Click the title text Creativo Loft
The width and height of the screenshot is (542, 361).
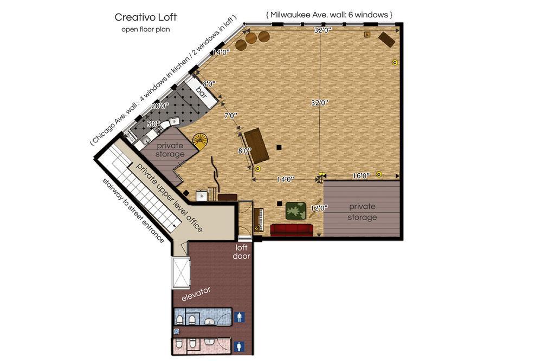pyautogui.click(x=145, y=17)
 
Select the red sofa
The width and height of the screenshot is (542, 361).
pyautogui.click(x=292, y=230)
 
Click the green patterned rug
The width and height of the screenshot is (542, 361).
pyautogui.click(x=295, y=211)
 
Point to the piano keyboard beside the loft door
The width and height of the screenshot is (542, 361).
pyautogui.click(x=258, y=220)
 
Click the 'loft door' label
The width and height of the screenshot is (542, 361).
pyautogui.click(x=241, y=252)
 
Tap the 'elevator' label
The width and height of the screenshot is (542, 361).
pyautogui.click(x=196, y=294)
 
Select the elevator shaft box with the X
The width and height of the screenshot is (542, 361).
pyautogui.click(x=181, y=273)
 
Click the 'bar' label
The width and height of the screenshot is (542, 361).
pyautogui.click(x=202, y=93)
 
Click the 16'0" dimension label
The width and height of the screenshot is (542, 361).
pyautogui.click(x=361, y=176)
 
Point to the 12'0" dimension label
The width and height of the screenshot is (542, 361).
pyautogui.click(x=319, y=208)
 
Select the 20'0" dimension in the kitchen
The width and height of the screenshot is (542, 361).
pyautogui.click(x=160, y=106)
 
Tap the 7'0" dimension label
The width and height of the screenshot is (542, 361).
pyautogui.click(x=230, y=116)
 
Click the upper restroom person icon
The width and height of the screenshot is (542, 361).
pyautogui.click(x=240, y=317)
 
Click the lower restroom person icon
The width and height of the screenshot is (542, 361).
pyautogui.click(x=240, y=346)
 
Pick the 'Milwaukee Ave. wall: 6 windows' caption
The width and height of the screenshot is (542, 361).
pyautogui.click(x=329, y=15)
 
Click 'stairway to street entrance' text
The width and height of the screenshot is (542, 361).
pyautogui.click(x=133, y=211)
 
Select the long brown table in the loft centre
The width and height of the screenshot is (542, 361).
pyautogui.click(x=257, y=146)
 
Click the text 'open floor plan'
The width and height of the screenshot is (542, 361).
pyautogui.click(x=145, y=29)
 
